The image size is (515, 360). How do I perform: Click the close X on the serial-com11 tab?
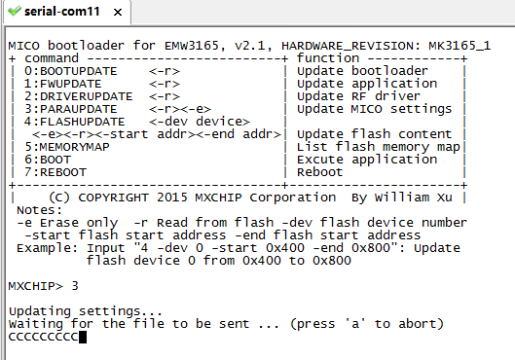[118, 12]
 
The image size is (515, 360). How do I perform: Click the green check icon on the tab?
[15, 11]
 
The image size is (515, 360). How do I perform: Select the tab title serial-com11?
[61, 12]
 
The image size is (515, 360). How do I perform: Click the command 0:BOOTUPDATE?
[71, 71]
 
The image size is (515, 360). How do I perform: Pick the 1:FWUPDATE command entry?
[62, 84]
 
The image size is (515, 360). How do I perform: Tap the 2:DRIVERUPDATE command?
[79, 96]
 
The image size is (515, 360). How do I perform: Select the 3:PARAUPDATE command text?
[71, 109]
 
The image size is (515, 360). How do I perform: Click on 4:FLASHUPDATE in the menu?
[75, 122]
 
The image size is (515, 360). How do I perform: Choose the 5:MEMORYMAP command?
[67, 147]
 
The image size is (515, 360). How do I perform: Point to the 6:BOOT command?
[48, 160]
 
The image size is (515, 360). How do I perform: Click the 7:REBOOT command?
[55, 172]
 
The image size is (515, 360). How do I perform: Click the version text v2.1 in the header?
[249, 46]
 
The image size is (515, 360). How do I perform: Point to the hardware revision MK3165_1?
[460, 46]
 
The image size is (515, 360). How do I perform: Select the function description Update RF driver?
[358, 96]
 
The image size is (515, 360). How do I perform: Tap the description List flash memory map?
[379, 147]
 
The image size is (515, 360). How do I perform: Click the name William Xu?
[413, 198]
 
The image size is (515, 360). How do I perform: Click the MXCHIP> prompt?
[35, 286]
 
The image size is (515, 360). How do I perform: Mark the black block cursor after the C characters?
[83, 337]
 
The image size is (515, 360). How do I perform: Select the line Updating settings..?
[86, 311]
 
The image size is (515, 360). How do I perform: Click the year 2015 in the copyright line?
[171, 198]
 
